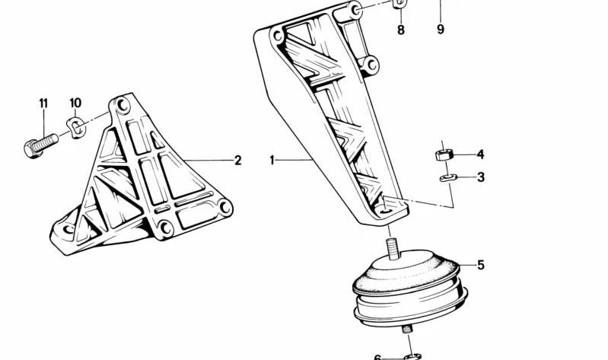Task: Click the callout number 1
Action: coord(272,161)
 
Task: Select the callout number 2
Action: coord(237,161)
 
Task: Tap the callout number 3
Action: coord(480,177)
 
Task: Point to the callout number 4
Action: coord(480,155)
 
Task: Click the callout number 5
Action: coord(481,266)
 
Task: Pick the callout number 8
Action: coord(401,30)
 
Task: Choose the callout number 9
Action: coord(441,30)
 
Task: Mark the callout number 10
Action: coord(75,103)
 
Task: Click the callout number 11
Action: coord(43,103)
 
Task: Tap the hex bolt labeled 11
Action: coord(42,144)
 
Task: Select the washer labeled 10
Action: coord(77,126)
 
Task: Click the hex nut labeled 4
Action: coord(444,155)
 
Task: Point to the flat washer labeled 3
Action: coord(445,178)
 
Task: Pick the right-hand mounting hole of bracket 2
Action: coord(224,206)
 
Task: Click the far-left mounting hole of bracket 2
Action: coord(68,228)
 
